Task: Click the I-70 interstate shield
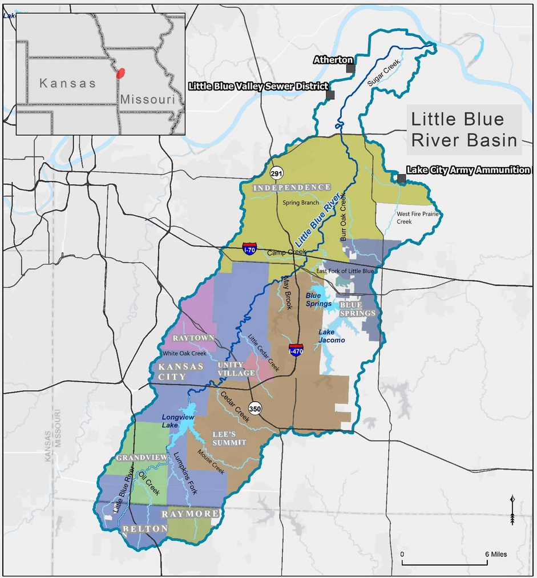[249, 249]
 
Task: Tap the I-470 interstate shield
[296, 349]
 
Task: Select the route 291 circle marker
[276, 173]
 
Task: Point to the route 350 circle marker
[255, 409]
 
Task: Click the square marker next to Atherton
[350, 68]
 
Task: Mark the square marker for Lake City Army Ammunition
[401, 179]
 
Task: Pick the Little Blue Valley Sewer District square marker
[330, 95]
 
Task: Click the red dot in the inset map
[120, 73]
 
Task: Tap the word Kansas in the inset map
[68, 83]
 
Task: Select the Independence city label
[292, 187]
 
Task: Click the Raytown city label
[193, 338]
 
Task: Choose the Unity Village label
[236, 369]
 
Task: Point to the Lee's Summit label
[229, 438]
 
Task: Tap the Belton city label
[144, 529]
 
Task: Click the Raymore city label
[190, 514]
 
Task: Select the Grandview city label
[142, 458]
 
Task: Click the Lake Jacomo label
[332, 336]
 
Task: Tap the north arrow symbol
[512, 510]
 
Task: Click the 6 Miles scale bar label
[496, 554]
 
